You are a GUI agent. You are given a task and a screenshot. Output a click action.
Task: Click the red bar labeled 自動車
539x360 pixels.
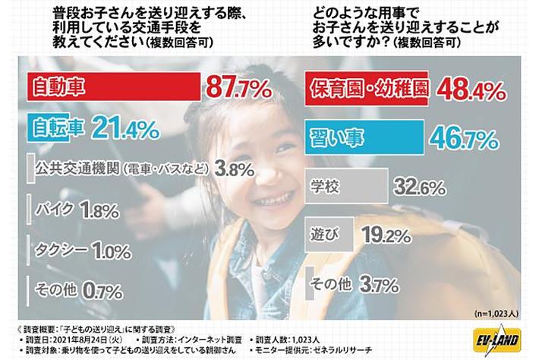click(x=113, y=87)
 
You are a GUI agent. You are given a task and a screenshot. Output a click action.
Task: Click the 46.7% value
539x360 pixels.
click(x=464, y=139)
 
